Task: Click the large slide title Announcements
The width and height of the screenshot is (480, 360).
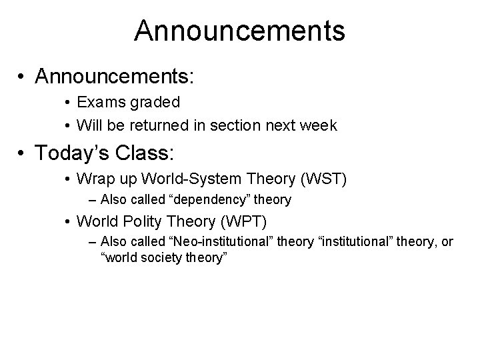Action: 239,31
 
